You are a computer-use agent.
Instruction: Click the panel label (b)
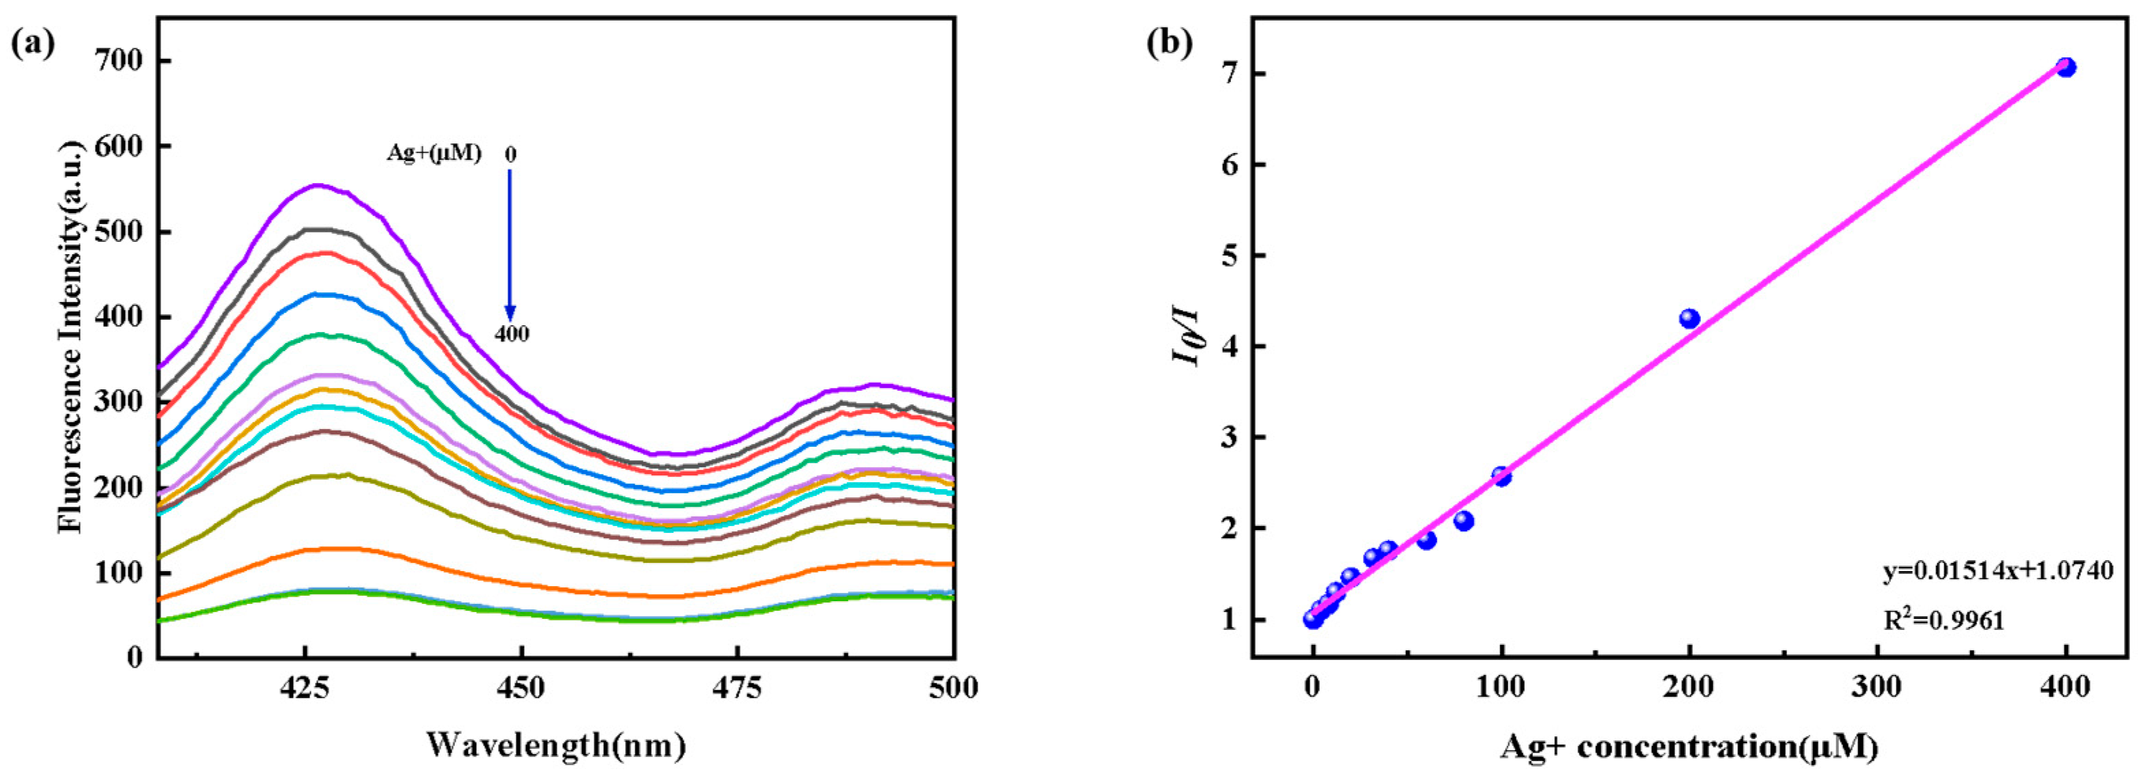pyautogui.click(x=1169, y=42)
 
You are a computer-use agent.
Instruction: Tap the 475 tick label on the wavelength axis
pyautogui.click(x=738, y=688)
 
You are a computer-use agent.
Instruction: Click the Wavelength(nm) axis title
pyautogui.click(x=556, y=744)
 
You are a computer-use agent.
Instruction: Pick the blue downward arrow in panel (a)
pyautogui.click(x=510, y=246)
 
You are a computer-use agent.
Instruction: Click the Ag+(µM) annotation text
pyautogui.click(x=434, y=153)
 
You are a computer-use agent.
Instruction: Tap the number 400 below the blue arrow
pyautogui.click(x=511, y=334)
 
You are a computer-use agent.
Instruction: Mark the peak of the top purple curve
pyautogui.click(x=316, y=186)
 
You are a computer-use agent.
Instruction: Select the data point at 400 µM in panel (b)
pyautogui.click(x=2066, y=68)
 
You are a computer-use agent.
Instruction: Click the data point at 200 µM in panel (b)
pyautogui.click(x=1689, y=318)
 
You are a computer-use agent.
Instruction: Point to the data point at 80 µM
pyautogui.click(x=1464, y=520)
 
